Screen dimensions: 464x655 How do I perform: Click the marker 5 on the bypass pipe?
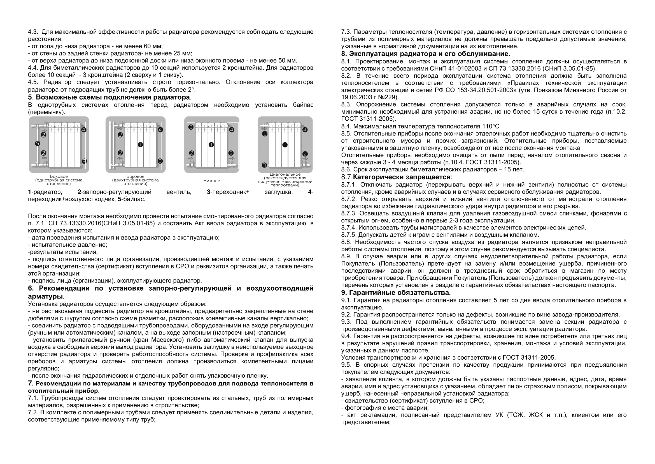coord(37,143)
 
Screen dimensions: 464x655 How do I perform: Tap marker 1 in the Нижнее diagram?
coord(211,145)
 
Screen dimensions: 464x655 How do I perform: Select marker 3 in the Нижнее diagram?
coord(191,127)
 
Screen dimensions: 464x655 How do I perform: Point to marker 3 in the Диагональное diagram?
coord(264,165)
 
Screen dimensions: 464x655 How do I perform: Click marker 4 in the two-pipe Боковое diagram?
coord(160,130)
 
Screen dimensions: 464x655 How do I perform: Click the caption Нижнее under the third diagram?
coord(211,181)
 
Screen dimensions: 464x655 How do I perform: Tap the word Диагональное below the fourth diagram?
coord(285,174)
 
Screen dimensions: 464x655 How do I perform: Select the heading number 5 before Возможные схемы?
coord(30,97)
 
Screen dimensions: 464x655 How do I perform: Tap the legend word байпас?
coord(134,199)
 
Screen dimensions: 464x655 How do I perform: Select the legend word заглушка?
coord(278,192)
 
